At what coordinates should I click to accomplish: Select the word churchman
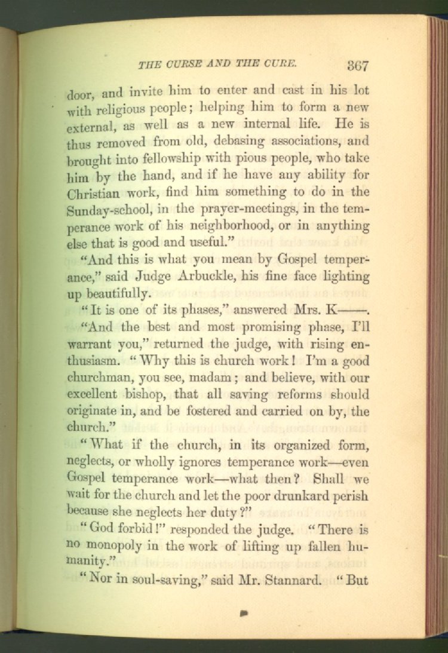99,378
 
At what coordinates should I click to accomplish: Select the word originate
93,412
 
